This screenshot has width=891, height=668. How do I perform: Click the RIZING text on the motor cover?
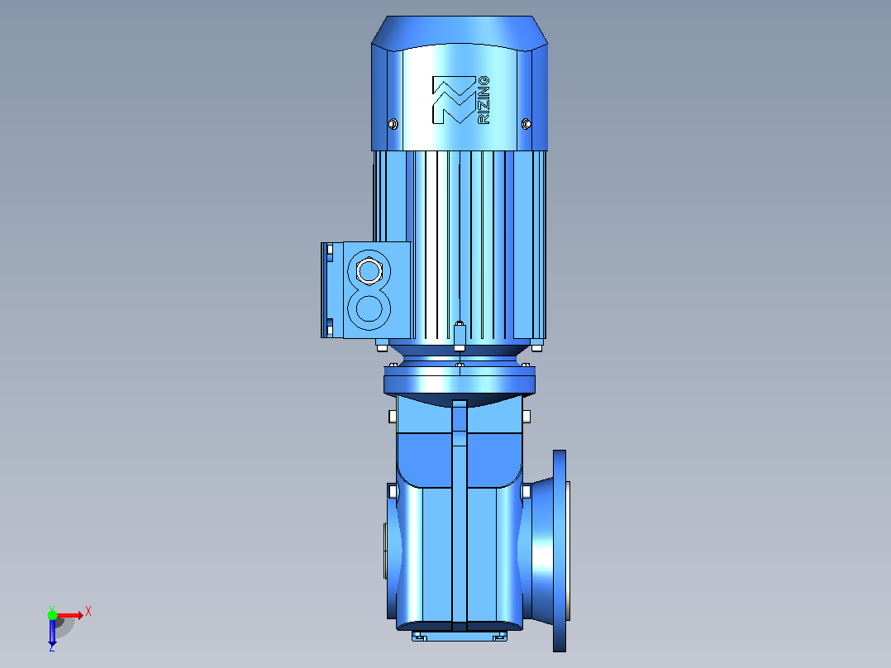click(x=484, y=100)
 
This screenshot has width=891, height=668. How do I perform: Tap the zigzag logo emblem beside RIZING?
click(x=454, y=100)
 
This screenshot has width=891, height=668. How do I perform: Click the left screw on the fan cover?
click(x=393, y=123)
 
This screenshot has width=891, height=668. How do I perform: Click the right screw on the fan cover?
click(x=526, y=123)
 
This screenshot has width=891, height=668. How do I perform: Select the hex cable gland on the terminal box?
click(x=369, y=270)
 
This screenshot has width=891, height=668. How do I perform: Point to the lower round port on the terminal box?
click(x=369, y=309)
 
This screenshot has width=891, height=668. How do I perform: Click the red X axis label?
click(x=88, y=612)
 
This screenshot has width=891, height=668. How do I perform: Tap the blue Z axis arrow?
click(x=52, y=632)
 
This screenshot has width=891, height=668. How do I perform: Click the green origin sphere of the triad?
click(x=52, y=614)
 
